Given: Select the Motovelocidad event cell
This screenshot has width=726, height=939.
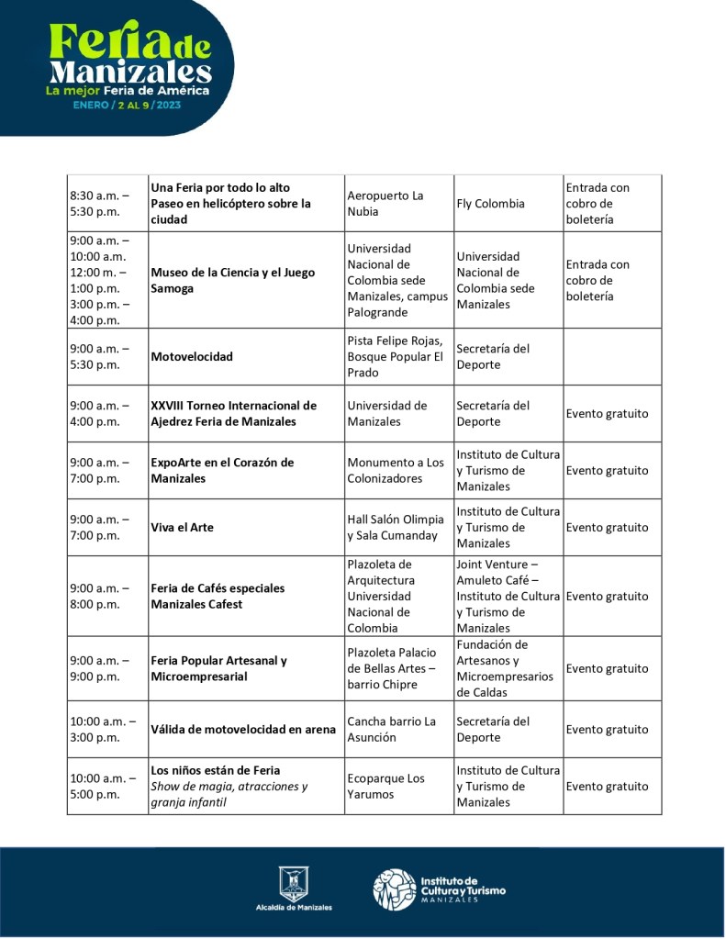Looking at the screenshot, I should pyautogui.click(x=192, y=357).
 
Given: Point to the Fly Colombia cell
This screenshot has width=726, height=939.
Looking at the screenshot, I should pyautogui.click(x=491, y=204).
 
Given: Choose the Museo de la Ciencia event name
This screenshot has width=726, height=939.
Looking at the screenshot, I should pyautogui.click(x=232, y=280).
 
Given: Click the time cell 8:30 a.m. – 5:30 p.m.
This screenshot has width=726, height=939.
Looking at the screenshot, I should pyautogui.click(x=100, y=204).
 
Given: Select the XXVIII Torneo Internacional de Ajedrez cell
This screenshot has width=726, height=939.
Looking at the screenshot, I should pyautogui.click(x=233, y=414).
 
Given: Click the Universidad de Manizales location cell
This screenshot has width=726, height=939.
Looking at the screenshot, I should pyautogui.click(x=387, y=414).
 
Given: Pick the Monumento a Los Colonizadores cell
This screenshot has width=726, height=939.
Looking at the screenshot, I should pyautogui.click(x=396, y=471).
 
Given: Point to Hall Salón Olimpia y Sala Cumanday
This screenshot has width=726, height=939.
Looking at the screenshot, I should pyautogui.click(x=396, y=528).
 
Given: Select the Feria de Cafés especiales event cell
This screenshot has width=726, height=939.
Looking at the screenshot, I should pyautogui.click(x=218, y=597).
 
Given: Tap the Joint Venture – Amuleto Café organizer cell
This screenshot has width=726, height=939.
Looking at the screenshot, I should pyautogui.click(x=508, y=597).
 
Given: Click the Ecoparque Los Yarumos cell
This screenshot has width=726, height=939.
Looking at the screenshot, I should pyautogui.click(x=386, y=787).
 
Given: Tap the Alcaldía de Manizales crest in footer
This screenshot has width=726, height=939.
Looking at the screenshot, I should pyautogui.click(x=294, y=882).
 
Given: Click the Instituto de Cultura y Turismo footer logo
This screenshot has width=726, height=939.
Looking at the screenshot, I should pyautogui.click(x=439, y=889).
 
